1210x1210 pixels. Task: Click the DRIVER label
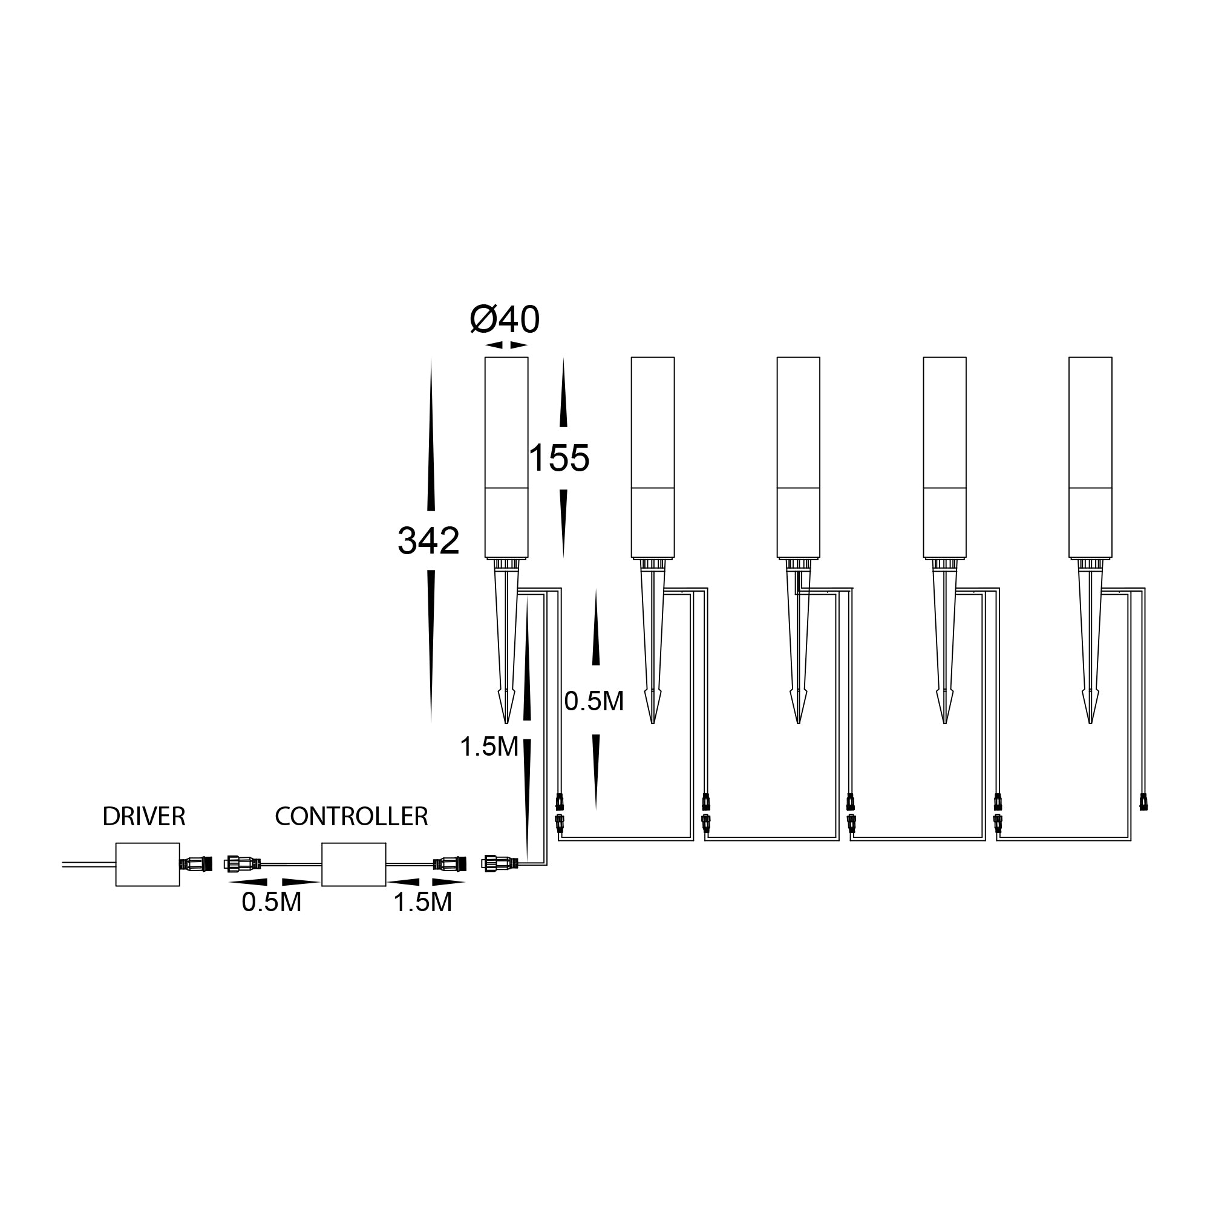point(144,817)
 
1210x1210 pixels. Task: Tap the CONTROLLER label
point(352,817)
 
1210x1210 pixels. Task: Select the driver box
point(148,865)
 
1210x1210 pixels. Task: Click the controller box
point(354,865)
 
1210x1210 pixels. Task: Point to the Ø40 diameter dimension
point(505,320)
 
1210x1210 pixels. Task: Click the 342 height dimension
point(429,541)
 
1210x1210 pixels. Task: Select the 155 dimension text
point(559,458)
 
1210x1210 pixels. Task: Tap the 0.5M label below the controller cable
point(272,903)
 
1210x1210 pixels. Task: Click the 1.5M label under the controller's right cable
point(423,903)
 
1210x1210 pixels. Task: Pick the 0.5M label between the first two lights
point(594,701)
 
